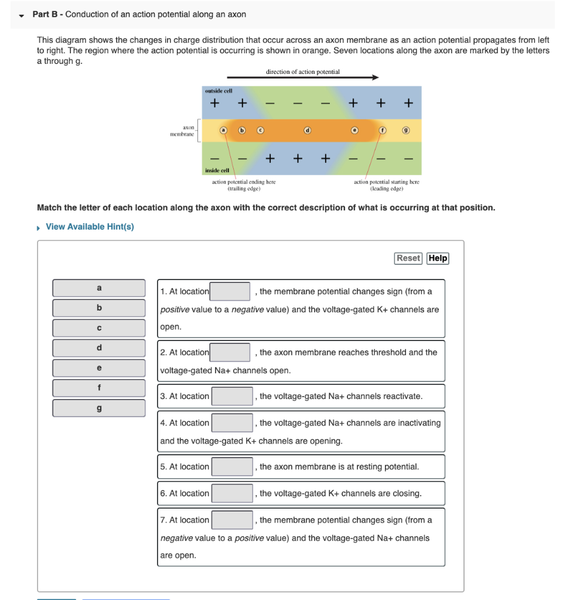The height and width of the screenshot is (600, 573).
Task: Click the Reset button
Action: click(x=408, y=258)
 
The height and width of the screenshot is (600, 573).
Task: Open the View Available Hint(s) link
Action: click(x=90, y=227)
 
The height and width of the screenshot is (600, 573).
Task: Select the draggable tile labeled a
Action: click(x=99, y=288)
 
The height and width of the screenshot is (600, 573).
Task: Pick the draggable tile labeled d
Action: click(x=99, y=348)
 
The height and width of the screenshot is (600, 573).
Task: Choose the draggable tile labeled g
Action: click(x=99, y=408)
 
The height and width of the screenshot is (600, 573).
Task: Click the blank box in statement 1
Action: click(x=231, y=291)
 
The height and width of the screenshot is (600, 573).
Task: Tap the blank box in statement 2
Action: click(x=231, y=352)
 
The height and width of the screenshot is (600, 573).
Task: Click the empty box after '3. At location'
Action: click(x=232, y=396)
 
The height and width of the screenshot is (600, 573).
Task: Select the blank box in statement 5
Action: click(x=232, y=466)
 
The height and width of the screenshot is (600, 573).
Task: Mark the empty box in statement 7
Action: click(x=232, y=520)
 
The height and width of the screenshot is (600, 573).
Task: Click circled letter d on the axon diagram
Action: click(x=306, y=130)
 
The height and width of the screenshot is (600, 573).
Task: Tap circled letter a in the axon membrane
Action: click(x=223, y=130)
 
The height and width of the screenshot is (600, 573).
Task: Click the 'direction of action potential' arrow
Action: click(x=302, y=77)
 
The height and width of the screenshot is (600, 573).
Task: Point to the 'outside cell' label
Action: click(x=218, y=91)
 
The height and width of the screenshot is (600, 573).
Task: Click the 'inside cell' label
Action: click(x=217, y=171)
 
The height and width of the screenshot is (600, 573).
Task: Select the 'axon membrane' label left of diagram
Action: click(x=182, y=130)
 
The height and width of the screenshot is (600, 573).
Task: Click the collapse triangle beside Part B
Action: click(x=22, y=15)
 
